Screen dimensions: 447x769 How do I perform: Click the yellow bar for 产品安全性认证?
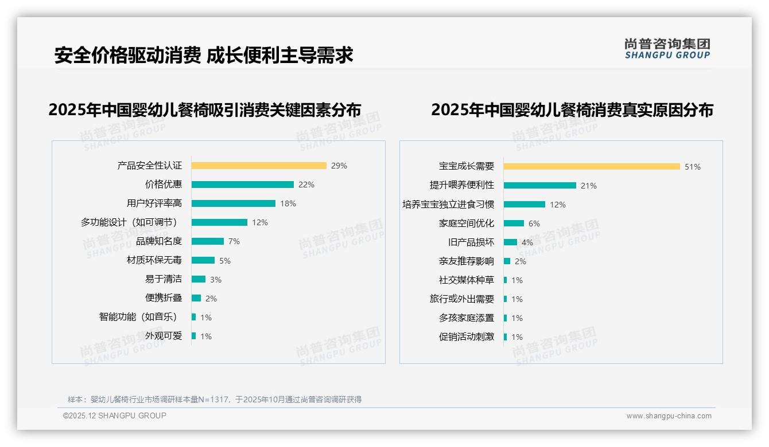tap(259, 166)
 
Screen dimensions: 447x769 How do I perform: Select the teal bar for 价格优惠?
tap(242, 185)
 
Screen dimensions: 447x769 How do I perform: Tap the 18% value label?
tap(288, 203)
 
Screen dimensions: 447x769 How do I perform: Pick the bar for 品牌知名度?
tap(207, 241)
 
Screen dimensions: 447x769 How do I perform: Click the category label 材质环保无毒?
tap(154, 260)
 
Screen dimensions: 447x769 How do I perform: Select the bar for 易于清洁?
tap(198, 279)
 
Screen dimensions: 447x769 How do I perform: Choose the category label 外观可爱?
tap(164, 336)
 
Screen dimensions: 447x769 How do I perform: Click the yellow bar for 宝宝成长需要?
tap(592, 166)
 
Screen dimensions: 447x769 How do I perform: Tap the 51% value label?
tap(693, 167)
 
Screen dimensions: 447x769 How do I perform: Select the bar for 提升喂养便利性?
tap(539, 185)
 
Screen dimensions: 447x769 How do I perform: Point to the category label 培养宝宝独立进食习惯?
tap(448, 204)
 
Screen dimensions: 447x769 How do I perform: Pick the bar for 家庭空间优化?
tap(514, 223)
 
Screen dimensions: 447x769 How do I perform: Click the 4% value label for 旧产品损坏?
tap(527, 242)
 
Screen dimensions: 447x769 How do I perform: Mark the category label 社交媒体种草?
tap(467, 280)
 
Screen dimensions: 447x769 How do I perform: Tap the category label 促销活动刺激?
tap(467, 337)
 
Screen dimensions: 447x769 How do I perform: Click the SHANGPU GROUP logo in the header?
tap(667, 49)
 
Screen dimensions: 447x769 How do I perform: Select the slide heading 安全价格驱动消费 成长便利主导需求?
tap(204, 55)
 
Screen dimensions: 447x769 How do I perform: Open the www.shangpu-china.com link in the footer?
tap(669, 416)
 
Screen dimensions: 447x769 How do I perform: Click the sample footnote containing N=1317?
tap(215, 399)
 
